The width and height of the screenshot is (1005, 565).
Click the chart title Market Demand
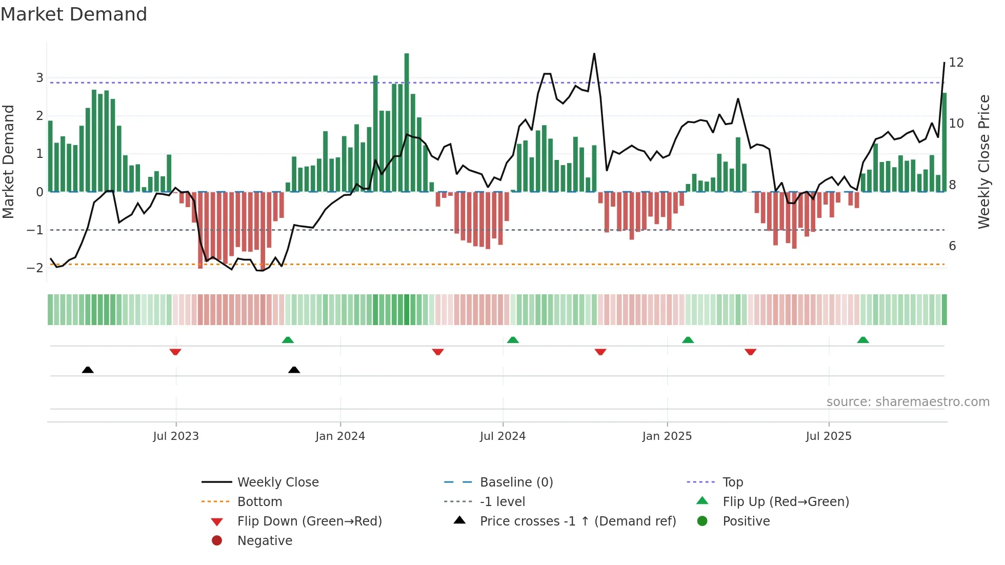[74, 14]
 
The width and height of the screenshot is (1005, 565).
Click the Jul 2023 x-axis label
[176, 436]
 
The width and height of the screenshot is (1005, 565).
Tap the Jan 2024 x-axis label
[340, 436]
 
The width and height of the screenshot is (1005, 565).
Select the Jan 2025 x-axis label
[667, 436]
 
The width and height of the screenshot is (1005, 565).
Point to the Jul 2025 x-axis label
[829, 436]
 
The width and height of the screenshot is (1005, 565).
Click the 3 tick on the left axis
[39, 78]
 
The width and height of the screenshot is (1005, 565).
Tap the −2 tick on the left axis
[35, 268]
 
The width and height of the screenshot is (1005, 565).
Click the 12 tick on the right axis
[956, 63]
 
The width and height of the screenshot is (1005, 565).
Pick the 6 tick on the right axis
[952, 246]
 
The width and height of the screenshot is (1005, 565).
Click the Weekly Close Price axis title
[983, 162]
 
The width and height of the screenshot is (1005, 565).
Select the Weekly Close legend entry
[277, 482]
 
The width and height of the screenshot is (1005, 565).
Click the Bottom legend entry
[259, 502]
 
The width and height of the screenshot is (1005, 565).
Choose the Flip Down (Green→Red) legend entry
[309, 521]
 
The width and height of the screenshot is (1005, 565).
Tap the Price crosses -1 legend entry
[577, 521]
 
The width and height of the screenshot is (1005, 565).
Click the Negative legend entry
[265, 541]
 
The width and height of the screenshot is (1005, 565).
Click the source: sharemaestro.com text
[908, 402]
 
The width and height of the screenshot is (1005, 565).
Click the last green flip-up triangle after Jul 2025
[863, 340]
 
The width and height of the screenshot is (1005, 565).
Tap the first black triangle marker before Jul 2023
[88, 370]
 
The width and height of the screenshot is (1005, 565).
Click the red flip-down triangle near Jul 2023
[175, 352]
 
